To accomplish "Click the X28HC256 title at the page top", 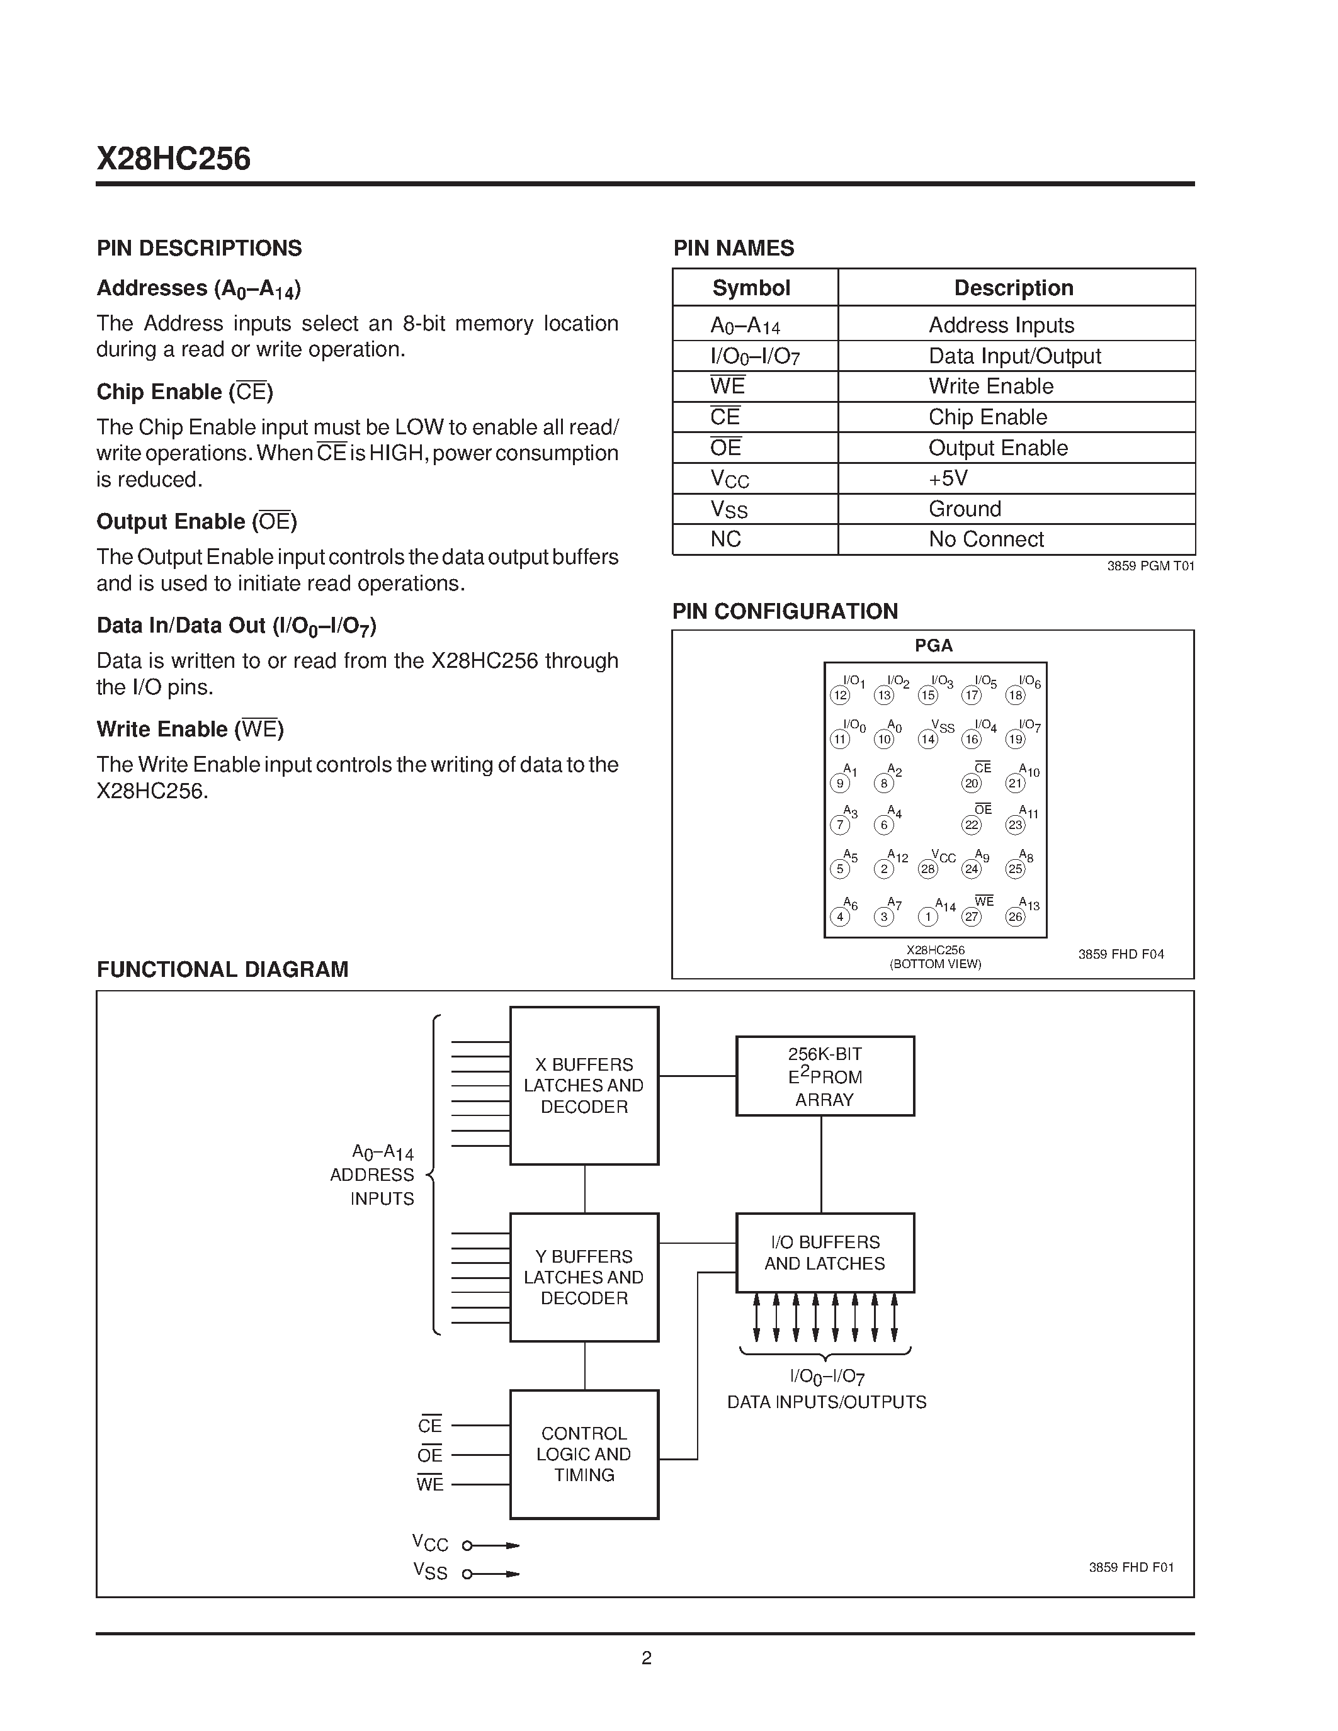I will (x=174, y=159).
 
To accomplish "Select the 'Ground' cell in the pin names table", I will (x=965, y=509).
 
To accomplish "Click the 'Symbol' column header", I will (x=751, y=288).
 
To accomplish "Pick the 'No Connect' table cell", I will (x=986, y=539).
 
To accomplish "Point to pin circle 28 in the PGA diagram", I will (x=927, y=869).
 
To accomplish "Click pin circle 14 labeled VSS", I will (x=927, y=739).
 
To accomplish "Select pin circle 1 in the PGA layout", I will (x=927, y=916).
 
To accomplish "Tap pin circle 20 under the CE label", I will (x=971, y=783).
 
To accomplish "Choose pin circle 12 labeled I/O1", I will (x=839, y=695).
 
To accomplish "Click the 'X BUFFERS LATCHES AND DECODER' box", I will (x=584, y=1085).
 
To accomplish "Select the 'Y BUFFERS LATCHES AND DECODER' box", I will (x=584, y=1277).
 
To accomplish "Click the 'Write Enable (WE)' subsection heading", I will (x=190, y=729).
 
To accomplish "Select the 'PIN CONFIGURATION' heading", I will (x=785, y=611).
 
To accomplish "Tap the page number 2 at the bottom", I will (x=646, y=1658).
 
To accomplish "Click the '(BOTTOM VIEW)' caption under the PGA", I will (x=935, y=964).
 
